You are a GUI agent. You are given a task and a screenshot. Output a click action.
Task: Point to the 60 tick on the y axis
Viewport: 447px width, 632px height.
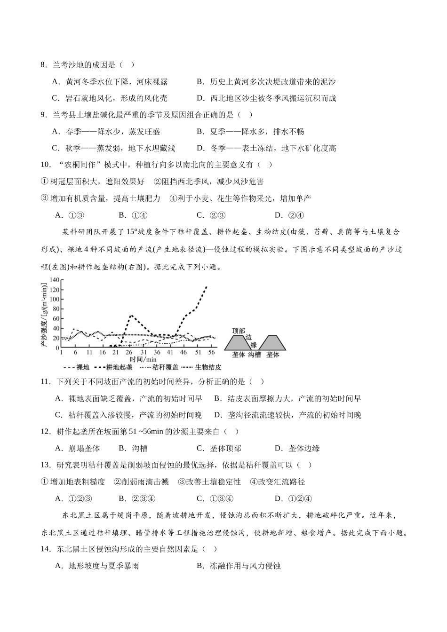point(56,319)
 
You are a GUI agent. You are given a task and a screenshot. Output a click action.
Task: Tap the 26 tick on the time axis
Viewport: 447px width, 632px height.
point(129,352)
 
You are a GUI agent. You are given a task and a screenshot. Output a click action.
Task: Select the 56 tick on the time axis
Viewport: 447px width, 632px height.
point(212,352)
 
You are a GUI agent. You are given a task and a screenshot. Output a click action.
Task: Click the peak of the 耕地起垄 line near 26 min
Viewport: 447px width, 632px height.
point(131,315)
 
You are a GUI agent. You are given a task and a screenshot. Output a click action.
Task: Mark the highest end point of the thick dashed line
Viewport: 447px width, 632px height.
point(206,286)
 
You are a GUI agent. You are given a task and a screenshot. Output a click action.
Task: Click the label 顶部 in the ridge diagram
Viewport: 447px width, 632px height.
point(239,331)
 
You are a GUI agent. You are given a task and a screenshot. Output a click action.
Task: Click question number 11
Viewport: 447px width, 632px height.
point(45,382)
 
